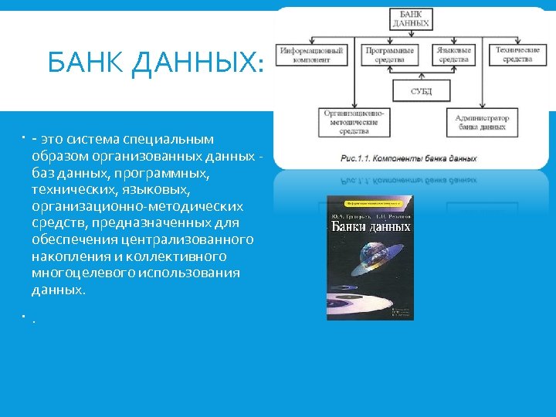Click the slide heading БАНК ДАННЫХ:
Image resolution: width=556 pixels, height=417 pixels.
(x=154, y=63)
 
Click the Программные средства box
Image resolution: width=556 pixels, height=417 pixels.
(x=389, y=55)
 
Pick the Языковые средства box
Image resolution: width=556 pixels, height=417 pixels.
(x=453, y=55)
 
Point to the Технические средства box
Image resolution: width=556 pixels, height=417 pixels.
(x=517, y=55)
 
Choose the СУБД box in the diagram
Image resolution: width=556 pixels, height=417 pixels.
(x=421, y=91)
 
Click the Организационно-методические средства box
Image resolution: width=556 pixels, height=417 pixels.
(x=354, y=121)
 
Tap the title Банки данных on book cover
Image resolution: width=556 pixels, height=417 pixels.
(x=371, y=227)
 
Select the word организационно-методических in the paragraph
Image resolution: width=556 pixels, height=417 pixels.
(x=137, y=206)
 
